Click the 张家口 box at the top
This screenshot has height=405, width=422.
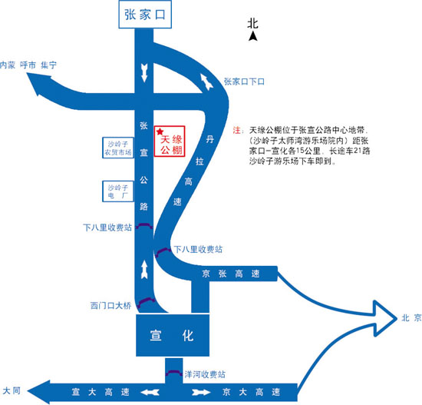pyautogui.click(x=145, y=15)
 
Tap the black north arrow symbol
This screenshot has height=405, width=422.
pyautogui.click(x=252, y=36)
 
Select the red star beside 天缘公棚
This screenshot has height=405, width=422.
pyautogui.click(x=160, y=131)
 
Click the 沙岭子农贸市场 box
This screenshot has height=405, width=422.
pyautogui.click(x=118, y=148)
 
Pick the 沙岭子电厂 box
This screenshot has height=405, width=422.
pyautogui.click(x=118, y=191)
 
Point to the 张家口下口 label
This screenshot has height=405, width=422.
pyautogui.click(x=244, y=81)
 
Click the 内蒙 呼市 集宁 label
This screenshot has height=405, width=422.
pyautogui.click(x=28, y=65)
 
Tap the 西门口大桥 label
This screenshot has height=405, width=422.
pyautogui.click(x=111, y=306)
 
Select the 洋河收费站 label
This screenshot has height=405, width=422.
pyautogui.click(x=205, y=374)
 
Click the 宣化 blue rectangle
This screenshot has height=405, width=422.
pyautogui.click(x=173, y=335)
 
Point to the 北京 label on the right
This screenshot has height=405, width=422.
pyautogui.click(x=411, y=318)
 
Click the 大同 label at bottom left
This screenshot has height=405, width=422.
pyautogui.click(x=12, y=390)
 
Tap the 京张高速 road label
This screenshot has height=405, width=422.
pyautogui.click(x=231, y=274)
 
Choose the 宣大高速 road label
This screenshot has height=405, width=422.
pyautogui.click(x=101, y=392)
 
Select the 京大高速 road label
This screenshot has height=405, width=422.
pyautogui.click(x=252, y=392)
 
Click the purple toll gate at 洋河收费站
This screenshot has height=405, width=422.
pyautogui.click(x=174, y=373)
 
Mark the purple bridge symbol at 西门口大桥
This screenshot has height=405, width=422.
pyautogui.click(x=146, y=302)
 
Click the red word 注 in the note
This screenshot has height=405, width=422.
pyautogui.click(x=236, y=130)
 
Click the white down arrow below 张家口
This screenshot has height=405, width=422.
pyautogui.click(x=144, y=72)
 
